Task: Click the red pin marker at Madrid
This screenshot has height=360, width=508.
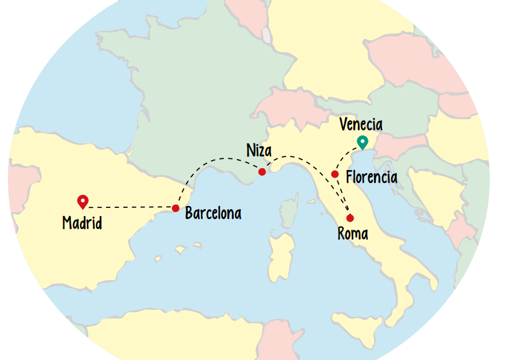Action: (x=82, y=201)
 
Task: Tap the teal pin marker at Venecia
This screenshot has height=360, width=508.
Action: (x=363, y=142)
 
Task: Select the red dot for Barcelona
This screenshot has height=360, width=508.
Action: (x=176, y=208)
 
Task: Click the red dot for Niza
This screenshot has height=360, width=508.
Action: (x=262, y=172)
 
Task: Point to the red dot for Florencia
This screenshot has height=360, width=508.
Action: (x=335, y=174)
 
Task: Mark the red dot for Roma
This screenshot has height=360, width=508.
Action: (x=350, y=218)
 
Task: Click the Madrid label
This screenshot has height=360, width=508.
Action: (x=82, y=223)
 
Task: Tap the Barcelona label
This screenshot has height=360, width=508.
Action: (x=213, y=214)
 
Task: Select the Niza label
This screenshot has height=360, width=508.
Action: (x=259, y=151)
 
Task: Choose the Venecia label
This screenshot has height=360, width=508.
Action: (x=361, y=125)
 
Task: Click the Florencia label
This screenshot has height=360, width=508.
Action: (x=372, y=178)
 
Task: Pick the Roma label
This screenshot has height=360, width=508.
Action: (x=353, y=234)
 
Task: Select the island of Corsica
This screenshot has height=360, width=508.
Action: (x=289, y=208)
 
